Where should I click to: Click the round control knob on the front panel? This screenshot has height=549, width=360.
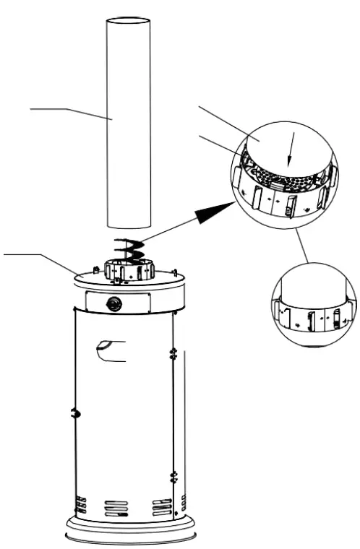[114, 303]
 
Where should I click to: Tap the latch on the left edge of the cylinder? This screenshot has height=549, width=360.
[74, 412]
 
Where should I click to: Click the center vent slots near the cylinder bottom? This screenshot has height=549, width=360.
[115, 509]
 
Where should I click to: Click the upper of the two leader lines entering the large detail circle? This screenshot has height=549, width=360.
[224, 119]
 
